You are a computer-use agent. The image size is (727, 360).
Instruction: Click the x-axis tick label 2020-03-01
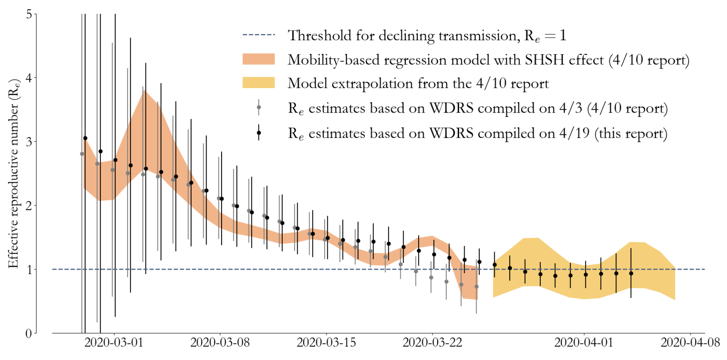point(114,343)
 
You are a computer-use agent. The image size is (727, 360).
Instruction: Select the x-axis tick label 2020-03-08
point(220,343)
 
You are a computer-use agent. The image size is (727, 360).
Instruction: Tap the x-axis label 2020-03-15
point(326,343)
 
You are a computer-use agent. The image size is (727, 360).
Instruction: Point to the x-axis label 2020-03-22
point(432,343)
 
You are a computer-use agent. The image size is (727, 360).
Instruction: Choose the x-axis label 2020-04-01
point(584,343)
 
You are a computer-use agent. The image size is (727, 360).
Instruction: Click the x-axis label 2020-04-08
point(690,343)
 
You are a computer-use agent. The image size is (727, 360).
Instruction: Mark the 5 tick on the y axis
point(29,14)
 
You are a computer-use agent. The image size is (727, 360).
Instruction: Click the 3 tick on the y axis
point(29,142)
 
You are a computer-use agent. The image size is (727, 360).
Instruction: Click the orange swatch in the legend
point(258,59)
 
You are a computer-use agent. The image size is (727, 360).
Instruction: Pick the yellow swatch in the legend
point(258,82)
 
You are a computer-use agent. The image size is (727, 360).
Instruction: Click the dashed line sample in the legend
point(258,35)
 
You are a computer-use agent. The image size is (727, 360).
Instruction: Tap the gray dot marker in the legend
point(259,107)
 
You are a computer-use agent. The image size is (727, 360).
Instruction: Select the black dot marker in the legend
point(259,133)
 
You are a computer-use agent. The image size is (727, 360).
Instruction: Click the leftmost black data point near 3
point(85,138)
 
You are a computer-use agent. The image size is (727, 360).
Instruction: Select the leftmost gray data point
point(82,154)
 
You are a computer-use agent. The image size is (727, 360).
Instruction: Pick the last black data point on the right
point(631,274)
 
